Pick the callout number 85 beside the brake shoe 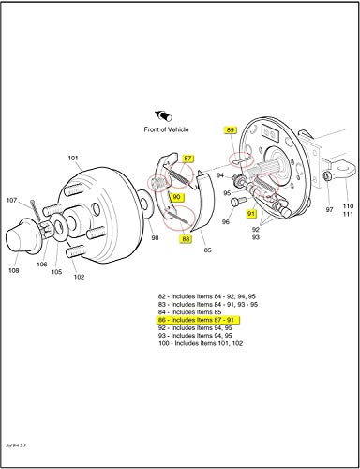[207, 251]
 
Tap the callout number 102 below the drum [80, 277]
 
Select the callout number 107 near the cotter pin [12, 199]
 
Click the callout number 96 [226, 222]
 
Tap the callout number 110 [348, 205]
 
